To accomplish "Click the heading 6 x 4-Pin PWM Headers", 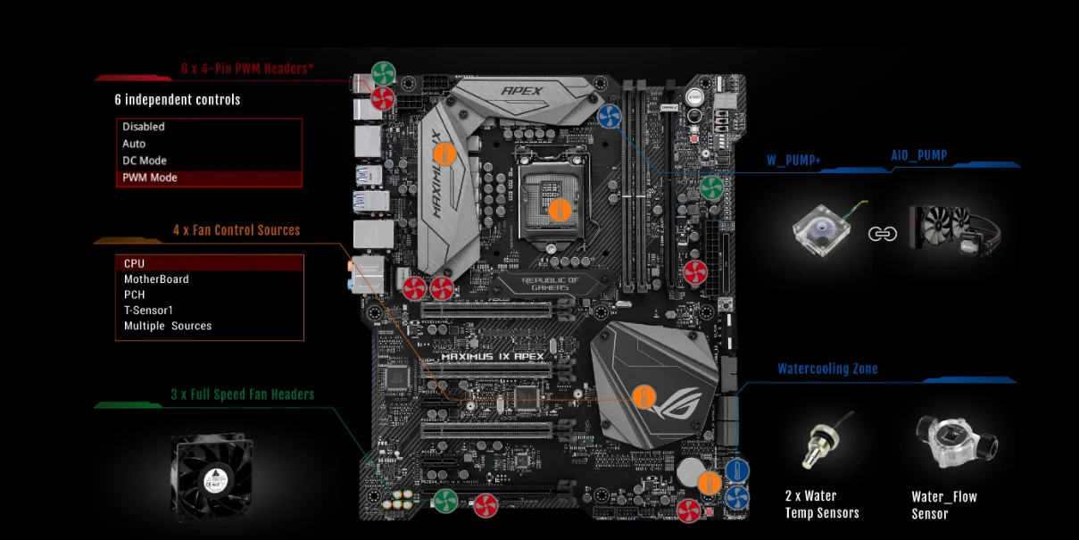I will point(247,68).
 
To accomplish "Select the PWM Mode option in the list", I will point(150,178).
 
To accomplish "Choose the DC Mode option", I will point(145,161).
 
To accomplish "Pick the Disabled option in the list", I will point(144,127).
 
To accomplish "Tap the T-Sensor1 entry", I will point(148,310).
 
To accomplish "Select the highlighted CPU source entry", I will point(135,263).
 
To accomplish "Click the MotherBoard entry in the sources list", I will point(156,279).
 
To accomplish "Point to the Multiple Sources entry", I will point(168,326).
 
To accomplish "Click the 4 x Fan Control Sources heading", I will point(237,230).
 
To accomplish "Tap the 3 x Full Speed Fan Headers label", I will point(243,394).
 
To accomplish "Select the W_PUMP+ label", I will point(794,161).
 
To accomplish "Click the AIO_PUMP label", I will point(919,155).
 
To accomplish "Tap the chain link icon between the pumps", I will point(882,234).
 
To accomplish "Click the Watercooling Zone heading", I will point(827,369).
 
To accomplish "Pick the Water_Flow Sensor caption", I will point(944,505).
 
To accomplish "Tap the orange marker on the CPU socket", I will point(560,211).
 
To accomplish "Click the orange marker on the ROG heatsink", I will point(643,397).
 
